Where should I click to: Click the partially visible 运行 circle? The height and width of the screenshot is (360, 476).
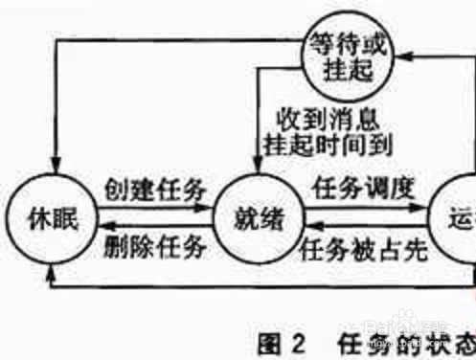click(x=454, y=218)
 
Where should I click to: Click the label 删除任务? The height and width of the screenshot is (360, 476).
click(x=155, y=250)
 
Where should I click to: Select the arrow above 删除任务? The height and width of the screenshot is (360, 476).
click(x=155, y=231)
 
